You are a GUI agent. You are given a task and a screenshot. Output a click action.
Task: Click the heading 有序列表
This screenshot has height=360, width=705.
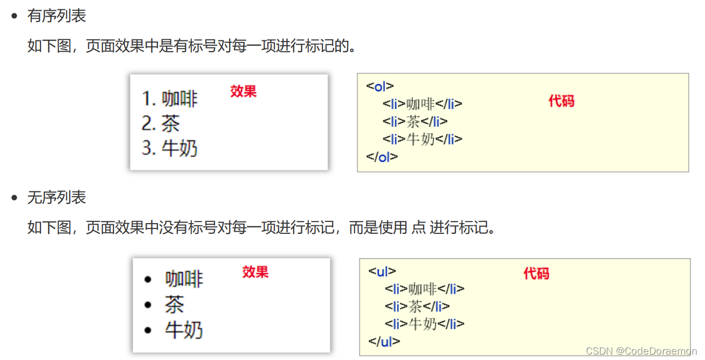[x=57, y=16]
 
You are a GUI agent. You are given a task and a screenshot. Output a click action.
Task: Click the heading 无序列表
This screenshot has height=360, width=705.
[x=57, y=198]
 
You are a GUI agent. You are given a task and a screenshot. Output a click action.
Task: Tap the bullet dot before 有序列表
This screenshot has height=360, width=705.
[x=15, y=16]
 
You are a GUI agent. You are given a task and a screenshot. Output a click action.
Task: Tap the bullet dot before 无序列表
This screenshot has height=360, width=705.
[x=15, y=198]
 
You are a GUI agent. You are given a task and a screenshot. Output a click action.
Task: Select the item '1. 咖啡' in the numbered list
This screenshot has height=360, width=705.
[x=170, y=99]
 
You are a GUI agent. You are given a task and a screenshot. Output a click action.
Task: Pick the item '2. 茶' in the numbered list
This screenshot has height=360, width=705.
[x=161, y=123]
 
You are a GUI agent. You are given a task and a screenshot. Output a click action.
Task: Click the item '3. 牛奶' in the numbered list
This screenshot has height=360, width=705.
[x=170, y=148]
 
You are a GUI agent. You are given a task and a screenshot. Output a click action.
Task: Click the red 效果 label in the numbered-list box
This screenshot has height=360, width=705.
[x=243, y=92]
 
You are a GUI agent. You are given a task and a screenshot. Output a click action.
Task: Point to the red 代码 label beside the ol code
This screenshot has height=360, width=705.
[x=561, y=101]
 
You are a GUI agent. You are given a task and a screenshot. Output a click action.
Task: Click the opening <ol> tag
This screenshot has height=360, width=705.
[x=380, y=86]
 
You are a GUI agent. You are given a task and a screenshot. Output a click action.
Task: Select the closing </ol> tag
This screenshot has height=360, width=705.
[x=382, y=157]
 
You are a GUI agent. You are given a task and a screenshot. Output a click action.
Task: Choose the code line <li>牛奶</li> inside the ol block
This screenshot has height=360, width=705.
[x=423, y=139]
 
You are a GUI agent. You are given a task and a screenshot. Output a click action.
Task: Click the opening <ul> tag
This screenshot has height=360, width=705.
[x=382, y=271]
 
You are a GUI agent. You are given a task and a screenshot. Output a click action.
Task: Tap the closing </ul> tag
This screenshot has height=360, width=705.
[x=384, y=341]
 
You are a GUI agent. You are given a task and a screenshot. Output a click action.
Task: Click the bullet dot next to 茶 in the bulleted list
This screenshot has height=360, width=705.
[x=148, y=305]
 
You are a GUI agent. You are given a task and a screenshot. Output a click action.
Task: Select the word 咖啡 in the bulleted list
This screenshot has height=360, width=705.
[x=184, y=279]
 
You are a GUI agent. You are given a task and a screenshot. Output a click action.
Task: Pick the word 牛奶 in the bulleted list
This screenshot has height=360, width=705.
[x=184, y=330]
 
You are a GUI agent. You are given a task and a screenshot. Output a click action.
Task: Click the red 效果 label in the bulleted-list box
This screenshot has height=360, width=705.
[x=255, y=272]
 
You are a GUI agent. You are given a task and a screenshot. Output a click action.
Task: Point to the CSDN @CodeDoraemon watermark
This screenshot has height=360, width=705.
[x=641, y=351]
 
